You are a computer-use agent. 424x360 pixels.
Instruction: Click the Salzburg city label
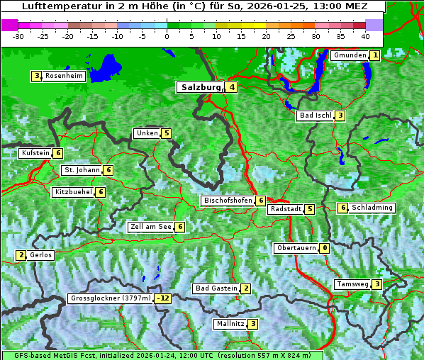201,87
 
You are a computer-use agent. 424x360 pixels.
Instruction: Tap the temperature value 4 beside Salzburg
232,87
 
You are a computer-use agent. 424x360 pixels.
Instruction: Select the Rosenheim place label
64,76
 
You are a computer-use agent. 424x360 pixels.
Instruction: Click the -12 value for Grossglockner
164,298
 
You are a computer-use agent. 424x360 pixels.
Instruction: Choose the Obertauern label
296,248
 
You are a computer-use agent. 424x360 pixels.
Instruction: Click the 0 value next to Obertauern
324,248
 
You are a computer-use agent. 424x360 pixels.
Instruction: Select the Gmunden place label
350,55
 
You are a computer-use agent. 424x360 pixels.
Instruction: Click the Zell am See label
151,227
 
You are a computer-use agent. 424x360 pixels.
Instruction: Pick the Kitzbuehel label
73,192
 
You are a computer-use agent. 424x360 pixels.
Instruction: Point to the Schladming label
372,208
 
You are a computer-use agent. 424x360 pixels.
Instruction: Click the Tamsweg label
353,284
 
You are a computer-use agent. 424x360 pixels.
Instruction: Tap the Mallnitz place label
230,324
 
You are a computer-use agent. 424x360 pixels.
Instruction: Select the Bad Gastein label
216,288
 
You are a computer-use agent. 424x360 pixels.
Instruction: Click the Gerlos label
41,255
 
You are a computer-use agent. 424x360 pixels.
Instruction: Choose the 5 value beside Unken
166,133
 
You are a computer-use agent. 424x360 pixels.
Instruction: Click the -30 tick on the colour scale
18,35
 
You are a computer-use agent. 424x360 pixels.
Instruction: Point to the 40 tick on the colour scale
364,35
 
